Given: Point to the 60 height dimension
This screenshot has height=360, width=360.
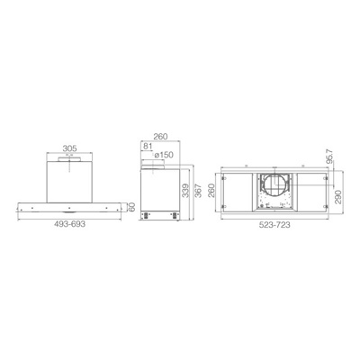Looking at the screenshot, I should [131, 206].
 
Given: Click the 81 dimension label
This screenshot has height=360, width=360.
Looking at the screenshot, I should [148, 148].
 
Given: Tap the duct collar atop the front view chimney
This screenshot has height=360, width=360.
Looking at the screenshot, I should [69, 159].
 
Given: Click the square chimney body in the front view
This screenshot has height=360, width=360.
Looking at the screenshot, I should [69, 178].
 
